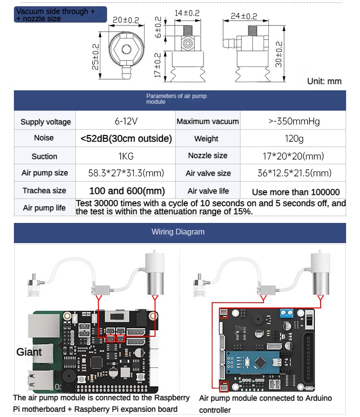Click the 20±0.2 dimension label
pyautogui.click(x=126, y=20)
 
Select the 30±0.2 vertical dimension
pyautogui.click(x=279, y=54)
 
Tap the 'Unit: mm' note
pyautogui.click(x=324, y=81)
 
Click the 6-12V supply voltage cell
pyautogui.click(x=126, y=121)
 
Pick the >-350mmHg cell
pyautogui.click(x=294, y=121)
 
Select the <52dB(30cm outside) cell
pyautogui.click(x=126, y=139)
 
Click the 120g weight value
pyautogui.click(x=294, y=139)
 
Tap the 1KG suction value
pyautogui.click(x=126, y=156)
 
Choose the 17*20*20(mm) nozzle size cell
pyautogui.click(x=294, y=156)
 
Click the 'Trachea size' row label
pyautogui.click(x=44, y=191)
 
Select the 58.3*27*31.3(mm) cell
pyautogui.click(x=126, y=173)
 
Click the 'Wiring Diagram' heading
pyautogui.click(x=178, y=232)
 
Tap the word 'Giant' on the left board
pyautogui.click(x=29, y=352)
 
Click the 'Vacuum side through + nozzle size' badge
pyautogui.click(x=60, y=15)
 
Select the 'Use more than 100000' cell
pyautogui.click(x=296, y=192)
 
